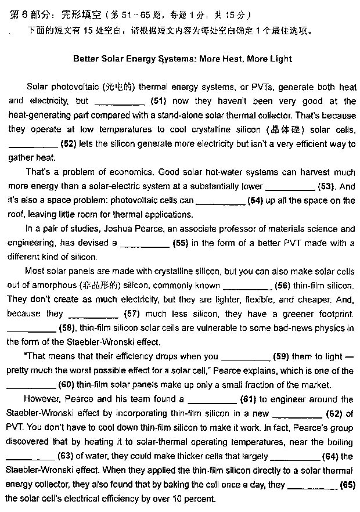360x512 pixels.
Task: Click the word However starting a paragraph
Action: click(41, 399)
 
